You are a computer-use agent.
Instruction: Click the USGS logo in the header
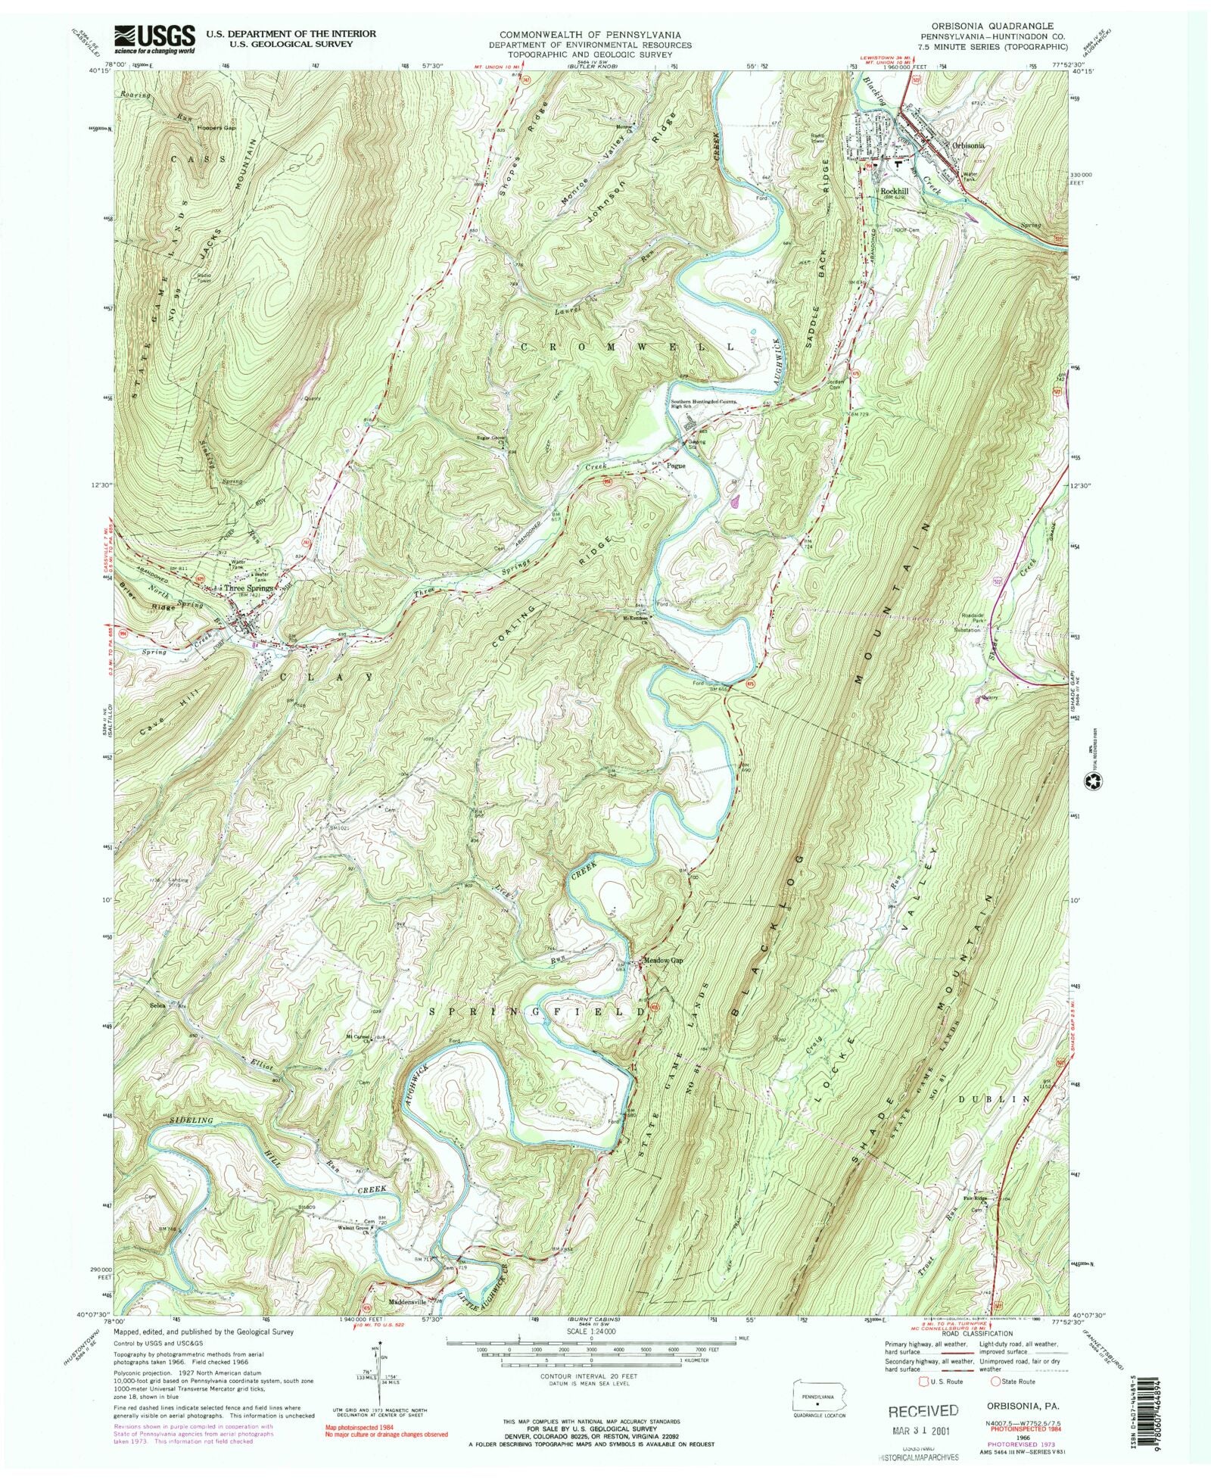coord(154,39)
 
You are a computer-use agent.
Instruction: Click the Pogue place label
coord(676,466)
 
